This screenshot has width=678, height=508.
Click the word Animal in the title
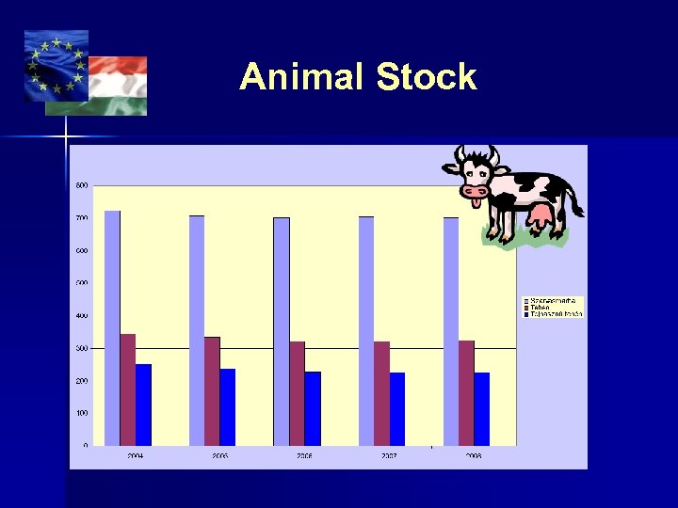point(302,77)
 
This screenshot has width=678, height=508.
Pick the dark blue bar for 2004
point(143,405)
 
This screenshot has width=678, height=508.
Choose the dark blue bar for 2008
point(481,408)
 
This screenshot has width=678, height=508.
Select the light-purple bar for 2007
point(366,330)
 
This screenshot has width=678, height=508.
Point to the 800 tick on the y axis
point(82,185)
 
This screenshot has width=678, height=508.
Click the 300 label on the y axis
point(82,348)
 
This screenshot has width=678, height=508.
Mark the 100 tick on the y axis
point(82,413)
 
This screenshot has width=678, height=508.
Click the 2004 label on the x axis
point(136,456)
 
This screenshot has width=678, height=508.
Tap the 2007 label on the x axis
point(389,456)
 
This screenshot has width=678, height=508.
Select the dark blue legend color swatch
point(526,313)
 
